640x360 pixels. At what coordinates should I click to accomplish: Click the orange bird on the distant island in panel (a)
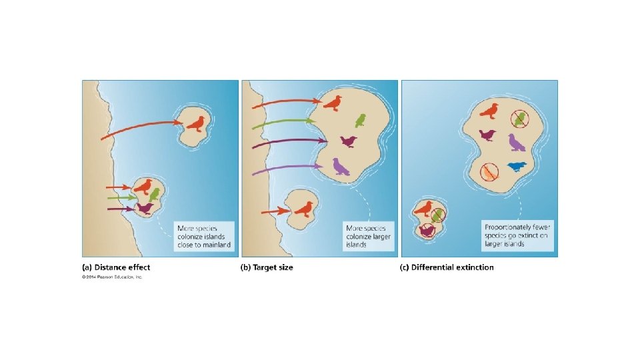point(195,123)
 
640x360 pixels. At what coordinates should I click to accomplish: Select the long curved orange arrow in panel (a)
point(140,126)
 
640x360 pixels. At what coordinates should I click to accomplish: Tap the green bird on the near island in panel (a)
point(155,194)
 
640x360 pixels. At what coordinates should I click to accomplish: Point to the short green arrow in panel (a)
point(120,198)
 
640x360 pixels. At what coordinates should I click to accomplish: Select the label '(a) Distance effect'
point(116,267)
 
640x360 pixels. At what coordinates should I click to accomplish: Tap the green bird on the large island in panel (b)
point(360,120)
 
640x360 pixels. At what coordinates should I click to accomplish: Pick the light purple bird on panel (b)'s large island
point(341,166)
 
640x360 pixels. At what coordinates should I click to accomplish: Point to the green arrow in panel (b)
point(280,122)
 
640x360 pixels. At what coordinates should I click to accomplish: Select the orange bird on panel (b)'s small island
point(303,209)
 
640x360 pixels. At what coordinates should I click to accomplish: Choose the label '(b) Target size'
point(267,267)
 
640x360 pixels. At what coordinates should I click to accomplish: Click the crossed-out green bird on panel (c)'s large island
point(520,119)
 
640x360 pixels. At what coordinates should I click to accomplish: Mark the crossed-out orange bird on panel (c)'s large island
point(490,172)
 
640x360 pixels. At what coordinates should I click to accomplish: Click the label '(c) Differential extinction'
point(447,267)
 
